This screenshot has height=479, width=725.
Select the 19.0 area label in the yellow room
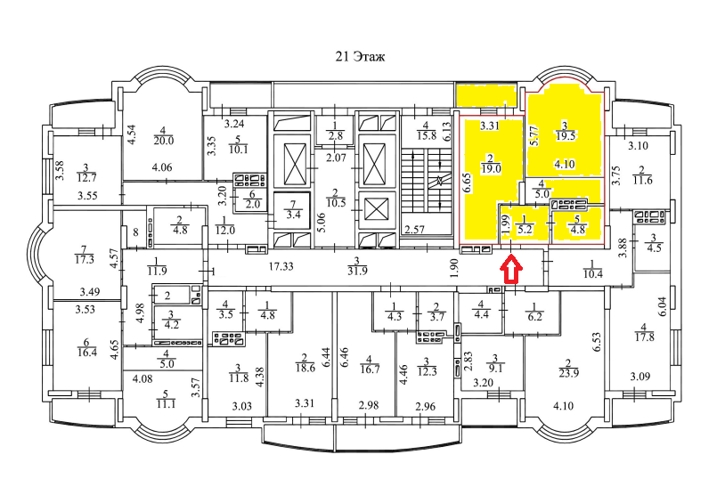tap(490, 166)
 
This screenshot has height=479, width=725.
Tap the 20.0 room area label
tap(164, 140)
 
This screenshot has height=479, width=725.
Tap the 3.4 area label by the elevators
tap(290, 214)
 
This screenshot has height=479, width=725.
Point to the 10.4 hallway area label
tap(591, 272)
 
